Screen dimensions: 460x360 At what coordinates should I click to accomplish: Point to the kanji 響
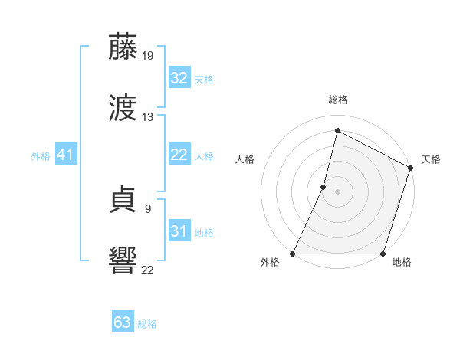(x=123, y=260)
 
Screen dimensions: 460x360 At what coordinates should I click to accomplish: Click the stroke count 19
(x=148, y=56)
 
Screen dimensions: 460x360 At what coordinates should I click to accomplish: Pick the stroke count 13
(x=148, y=117)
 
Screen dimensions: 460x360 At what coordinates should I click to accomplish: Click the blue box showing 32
(x=179, y=78)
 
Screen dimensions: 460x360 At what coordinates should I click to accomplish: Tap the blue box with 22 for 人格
(x=179, y=155)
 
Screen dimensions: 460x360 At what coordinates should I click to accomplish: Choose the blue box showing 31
(x=179, y=231)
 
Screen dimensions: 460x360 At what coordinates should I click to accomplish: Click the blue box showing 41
(x=66, y=155)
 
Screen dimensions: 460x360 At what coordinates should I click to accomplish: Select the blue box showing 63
(x=123, y=322)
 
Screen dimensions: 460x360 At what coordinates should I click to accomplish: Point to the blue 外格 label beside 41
(x=41, y=156)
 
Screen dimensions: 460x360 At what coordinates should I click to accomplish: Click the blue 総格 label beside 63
(x=147, y=324)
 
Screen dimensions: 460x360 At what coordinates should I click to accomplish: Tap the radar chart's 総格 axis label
(x=338, y=100)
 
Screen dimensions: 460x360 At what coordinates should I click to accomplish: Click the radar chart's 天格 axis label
(x=431, y=159)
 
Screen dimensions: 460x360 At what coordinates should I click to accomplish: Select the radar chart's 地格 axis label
(x=402, y=263)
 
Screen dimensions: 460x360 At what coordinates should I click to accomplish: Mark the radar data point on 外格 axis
(x=293, y=254)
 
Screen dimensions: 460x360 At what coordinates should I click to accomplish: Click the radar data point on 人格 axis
(x=324, y=187)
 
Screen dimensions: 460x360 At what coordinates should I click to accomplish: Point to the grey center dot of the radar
(x=338, y=191)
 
